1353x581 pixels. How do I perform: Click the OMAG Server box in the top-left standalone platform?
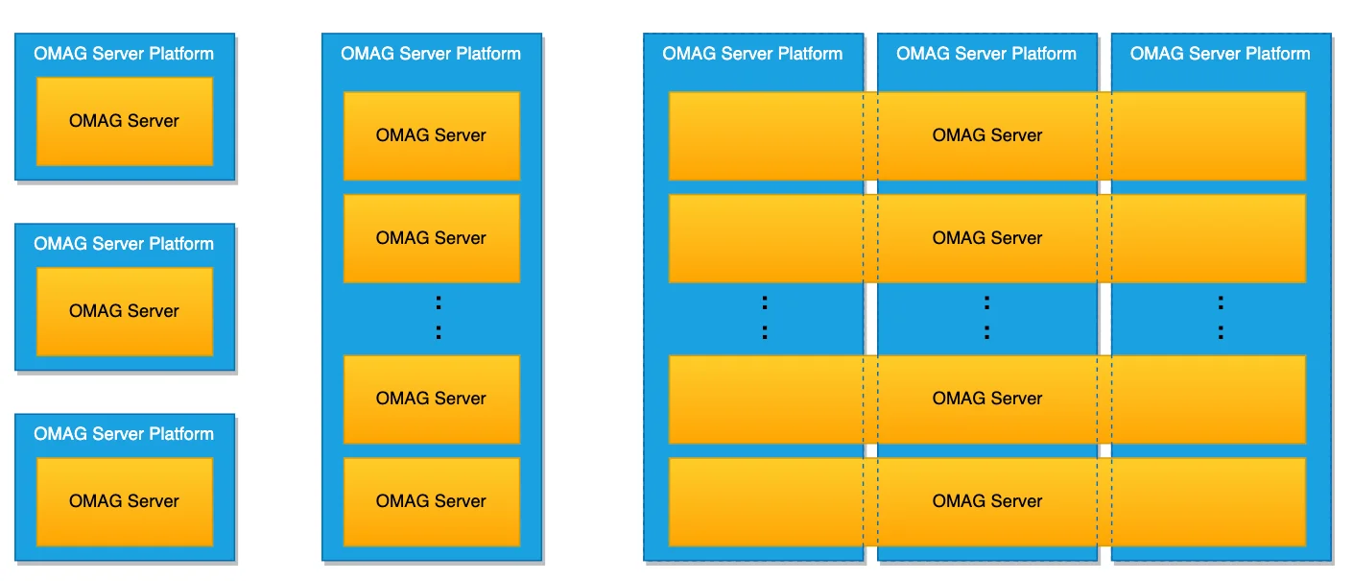click(125, 121)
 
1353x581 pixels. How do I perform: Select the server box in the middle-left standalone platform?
click(125, 311)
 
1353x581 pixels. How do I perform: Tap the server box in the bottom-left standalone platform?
click(125, 502)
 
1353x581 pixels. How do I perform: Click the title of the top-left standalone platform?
click(124, 54)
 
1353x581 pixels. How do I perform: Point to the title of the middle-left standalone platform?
click(124, 244)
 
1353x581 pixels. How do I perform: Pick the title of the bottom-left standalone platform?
click(124, 433)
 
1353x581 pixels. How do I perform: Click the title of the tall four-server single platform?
click(431, 54)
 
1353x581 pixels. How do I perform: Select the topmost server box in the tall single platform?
click(431, 135)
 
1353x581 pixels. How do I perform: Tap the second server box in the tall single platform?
click(431, 238)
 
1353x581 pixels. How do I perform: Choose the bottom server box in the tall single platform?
click(431, 502)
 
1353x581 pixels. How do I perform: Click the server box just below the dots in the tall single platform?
click(431, 399)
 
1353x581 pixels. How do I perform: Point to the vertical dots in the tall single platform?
click(439, 317)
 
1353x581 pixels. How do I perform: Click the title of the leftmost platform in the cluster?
click(752, 54)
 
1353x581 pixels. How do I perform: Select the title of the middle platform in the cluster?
click(986, 54)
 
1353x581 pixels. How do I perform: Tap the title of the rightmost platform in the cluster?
click(1221, 54)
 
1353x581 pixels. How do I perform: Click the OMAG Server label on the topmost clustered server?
click(987, 135)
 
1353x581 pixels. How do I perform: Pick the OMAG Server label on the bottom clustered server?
click(987, 501)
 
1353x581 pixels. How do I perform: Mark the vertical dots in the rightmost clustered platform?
click(1221, 317)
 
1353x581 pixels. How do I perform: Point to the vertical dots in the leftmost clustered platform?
click(765, 317)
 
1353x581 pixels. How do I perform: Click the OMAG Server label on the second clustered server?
click(987, 238)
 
